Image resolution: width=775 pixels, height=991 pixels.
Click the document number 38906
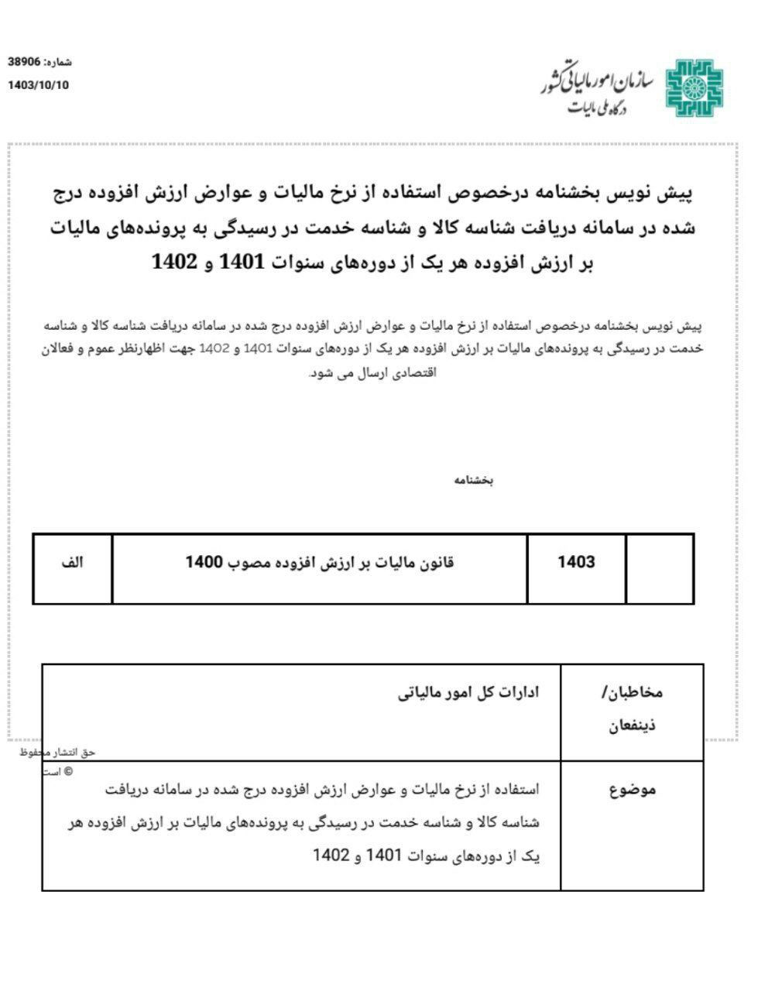click(x=26, y=62)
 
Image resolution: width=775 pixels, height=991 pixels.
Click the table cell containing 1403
click(x=576, y=563)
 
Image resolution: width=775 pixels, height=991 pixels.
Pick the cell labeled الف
click(x=72, y=563)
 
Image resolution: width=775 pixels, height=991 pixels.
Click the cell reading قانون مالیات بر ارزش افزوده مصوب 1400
click(x=319, y=563)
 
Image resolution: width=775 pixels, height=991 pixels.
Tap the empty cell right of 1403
click(x=660, y=568)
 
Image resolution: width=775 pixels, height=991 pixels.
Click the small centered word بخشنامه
click(x=474, y=481)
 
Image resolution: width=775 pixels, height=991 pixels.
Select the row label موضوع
click(x=633, y=790)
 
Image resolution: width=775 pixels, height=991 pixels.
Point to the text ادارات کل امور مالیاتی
click(x=468, y=692)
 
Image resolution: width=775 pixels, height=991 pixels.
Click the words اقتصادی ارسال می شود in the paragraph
click(x=373, y=372)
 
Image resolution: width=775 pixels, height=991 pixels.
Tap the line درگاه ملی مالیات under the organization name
click(x=596, y=109)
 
